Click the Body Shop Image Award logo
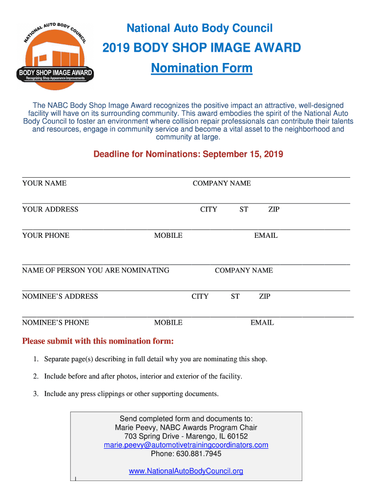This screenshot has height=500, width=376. tap(56, 55)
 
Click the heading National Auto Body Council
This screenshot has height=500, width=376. tap(199, 28)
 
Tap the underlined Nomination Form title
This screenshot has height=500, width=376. tap(202, 68)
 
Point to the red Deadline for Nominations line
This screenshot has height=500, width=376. tap(188, 154)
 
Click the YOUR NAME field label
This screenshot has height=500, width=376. tap(44, 184)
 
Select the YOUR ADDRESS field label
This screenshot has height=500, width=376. tap(50, 209)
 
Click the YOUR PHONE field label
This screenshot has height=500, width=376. tap(46, 235)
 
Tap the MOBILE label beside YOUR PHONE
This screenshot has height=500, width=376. tap(168, 235)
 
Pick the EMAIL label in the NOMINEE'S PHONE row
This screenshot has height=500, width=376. tap(262, 323)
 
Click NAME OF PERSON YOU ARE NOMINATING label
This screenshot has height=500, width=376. tap(96, 271)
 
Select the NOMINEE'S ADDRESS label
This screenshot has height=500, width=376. tap(60, 296)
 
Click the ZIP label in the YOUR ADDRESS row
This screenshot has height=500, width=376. tap(274, 209)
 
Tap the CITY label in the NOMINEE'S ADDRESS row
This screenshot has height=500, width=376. tap(200, 296)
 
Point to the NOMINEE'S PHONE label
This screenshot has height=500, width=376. tap(56, 323)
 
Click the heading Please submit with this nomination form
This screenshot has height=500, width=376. tap(98, 341)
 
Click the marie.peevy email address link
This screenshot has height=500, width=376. tap(186, 445)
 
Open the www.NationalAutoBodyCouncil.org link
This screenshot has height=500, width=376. tap(186, 471)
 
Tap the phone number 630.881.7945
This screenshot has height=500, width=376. tap(186, 454)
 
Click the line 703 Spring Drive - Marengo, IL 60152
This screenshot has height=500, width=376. tap(186, 436)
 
